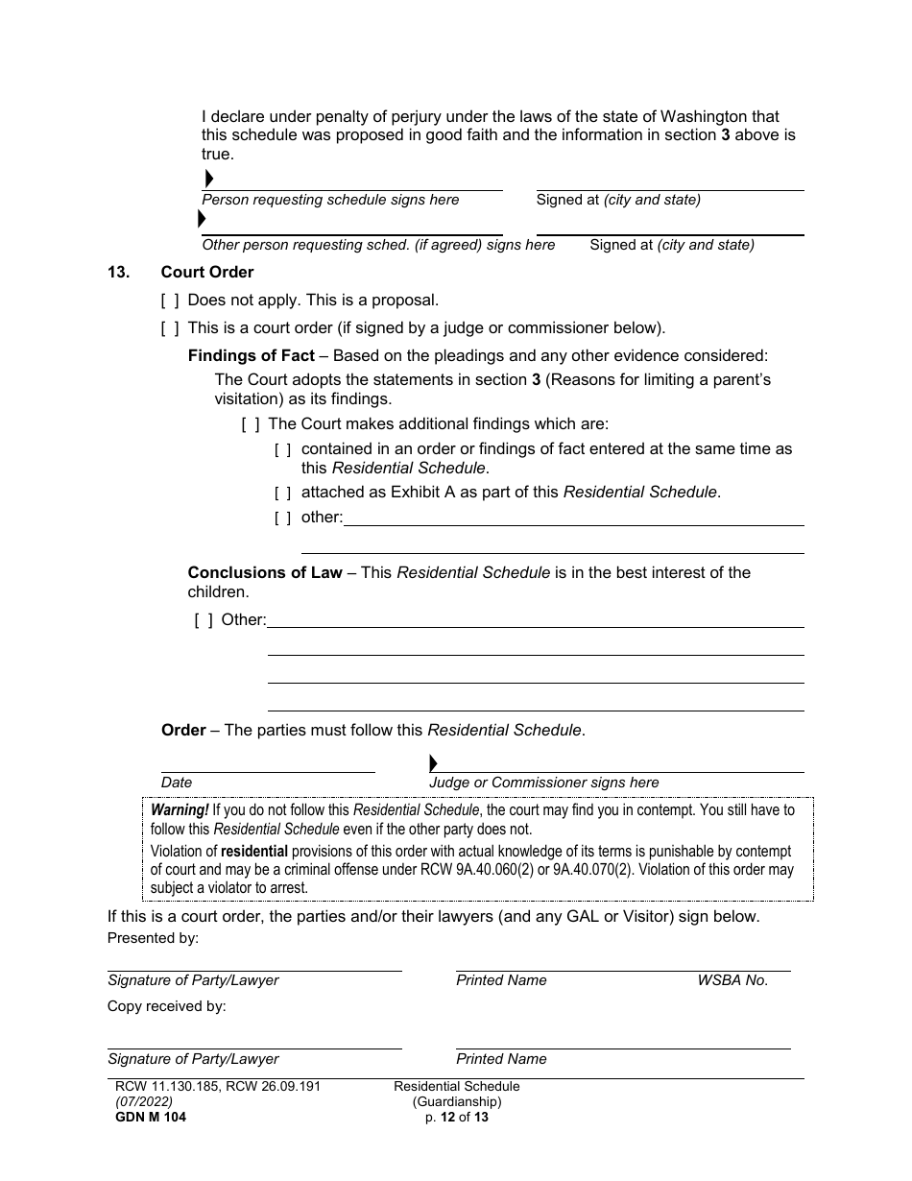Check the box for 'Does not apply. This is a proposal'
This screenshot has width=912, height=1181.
(x=170, y=301)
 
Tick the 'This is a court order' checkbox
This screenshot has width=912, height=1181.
(x=170, y=328)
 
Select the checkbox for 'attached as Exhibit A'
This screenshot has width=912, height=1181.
(x=283, y=494)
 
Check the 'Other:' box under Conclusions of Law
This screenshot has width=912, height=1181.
(x=204, y=620)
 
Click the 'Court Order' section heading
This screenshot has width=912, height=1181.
(x=207, y=273)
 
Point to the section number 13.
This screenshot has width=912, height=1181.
(x=118, y=273)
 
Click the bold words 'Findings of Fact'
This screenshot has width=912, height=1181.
(x=251, y=356)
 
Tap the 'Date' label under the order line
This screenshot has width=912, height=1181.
(x=177, y=783)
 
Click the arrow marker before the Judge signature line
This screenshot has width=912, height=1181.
(x=433, y=763)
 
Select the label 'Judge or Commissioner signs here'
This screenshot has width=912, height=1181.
(x=543, y=783)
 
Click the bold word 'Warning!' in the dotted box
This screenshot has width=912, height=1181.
(x=180, y=810)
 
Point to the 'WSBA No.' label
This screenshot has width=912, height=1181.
(x=732, y=980)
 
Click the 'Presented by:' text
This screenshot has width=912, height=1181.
(x=153, y=938)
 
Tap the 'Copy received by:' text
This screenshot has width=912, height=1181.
(x=166, y=1006)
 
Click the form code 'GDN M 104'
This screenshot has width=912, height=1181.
(x=147, y=1117)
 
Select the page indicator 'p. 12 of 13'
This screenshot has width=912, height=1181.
(x=457, y=1117)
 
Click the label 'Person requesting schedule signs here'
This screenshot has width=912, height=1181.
(x=330, y=200)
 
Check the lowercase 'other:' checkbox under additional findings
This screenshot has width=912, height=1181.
(x=283, y=518)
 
